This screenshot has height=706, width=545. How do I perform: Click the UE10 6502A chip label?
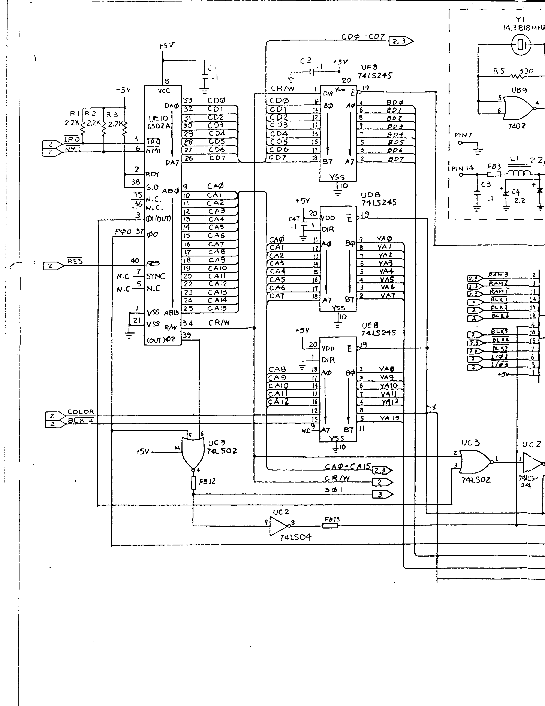pos(159,122)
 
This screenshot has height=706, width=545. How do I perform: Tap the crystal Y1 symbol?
pos(520,45)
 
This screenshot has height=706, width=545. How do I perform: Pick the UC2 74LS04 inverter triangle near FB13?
pos(277,526)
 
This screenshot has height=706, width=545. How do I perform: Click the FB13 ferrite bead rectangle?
pos(330,526)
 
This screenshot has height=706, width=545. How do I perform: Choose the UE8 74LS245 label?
pos(378,329)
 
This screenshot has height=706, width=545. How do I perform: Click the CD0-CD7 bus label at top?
pos(362,37)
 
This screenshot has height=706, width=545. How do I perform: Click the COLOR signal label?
pos(81,412)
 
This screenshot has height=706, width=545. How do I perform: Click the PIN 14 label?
pos(462,168)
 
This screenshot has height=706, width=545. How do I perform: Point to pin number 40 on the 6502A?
pos(135,261)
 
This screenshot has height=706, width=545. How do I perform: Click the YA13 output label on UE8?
pos(389,418)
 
